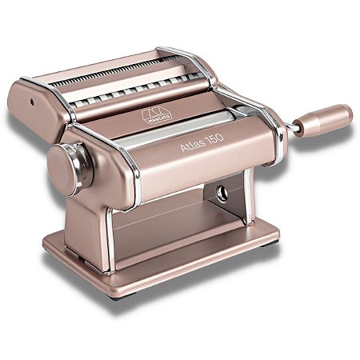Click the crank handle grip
[x=323, y=118]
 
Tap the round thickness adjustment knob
[x=63, y=170]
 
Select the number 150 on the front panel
[x=215, y=138]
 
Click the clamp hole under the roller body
[x=222, y=193]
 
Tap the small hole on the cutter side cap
[x=32, y=102]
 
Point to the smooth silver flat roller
[x=174, y=130]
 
